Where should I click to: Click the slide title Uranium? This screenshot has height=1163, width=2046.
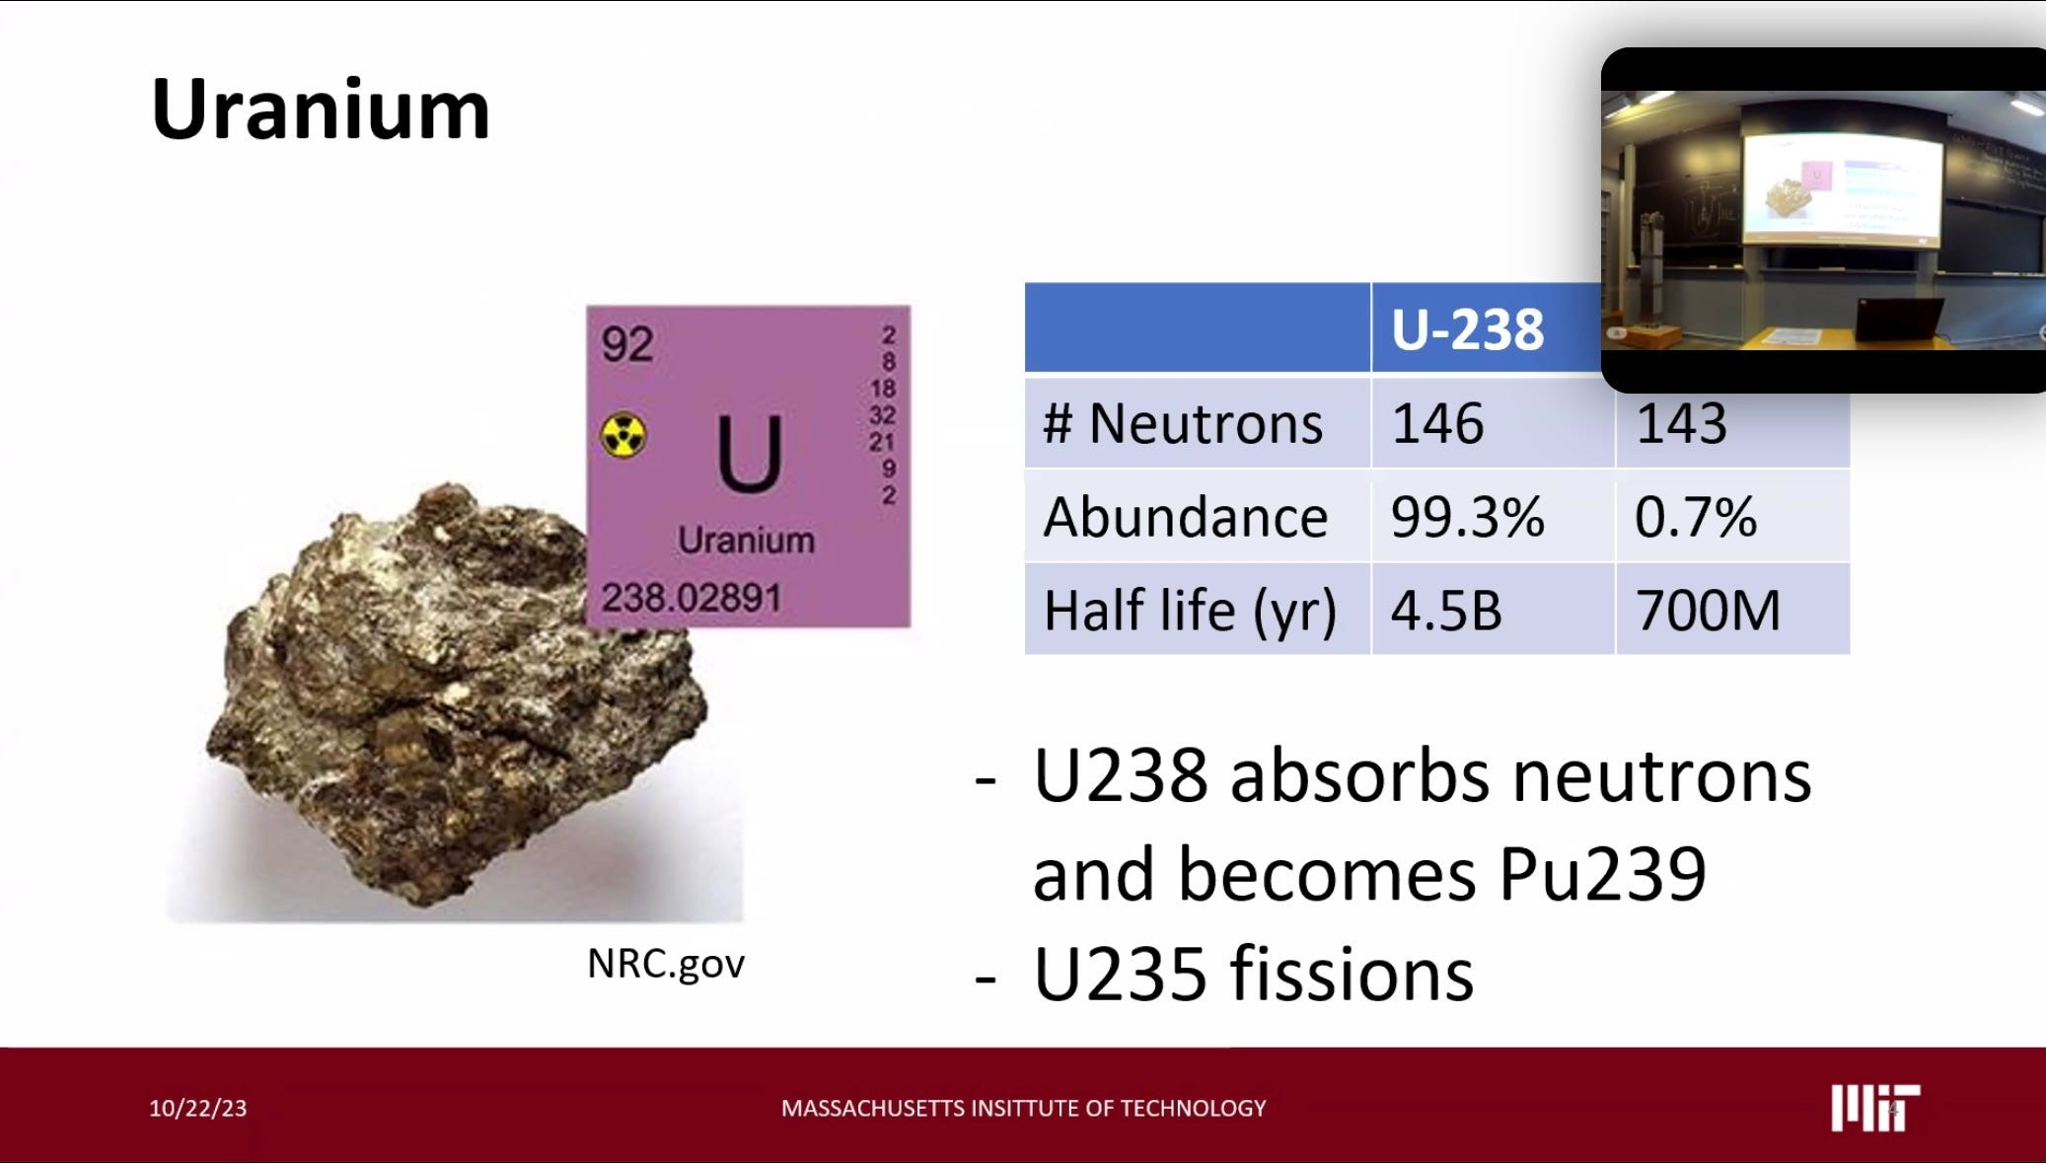320,109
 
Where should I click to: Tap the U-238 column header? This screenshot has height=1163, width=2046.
1467,329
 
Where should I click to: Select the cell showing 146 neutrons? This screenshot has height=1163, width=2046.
1437,423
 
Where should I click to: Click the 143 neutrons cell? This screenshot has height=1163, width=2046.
1681,423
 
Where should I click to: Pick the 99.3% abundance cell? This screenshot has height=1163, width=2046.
1467,517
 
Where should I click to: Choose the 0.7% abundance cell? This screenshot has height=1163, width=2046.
1695,517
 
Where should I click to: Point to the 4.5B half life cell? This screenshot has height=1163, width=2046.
1446,610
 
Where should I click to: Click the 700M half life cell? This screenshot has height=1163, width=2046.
1708,610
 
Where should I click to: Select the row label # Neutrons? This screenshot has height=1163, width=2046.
1182,423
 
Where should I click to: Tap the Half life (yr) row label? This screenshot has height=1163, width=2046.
1190,610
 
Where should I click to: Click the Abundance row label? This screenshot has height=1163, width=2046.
1185,517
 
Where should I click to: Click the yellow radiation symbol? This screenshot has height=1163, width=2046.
623,435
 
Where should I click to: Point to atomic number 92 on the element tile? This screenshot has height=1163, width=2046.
627,344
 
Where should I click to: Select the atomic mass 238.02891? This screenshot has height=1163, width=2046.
691,597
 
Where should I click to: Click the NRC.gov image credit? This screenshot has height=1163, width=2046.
665,964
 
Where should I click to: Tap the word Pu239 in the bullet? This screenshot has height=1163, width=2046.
1601,874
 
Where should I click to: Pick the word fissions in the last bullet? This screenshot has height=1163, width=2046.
1352,974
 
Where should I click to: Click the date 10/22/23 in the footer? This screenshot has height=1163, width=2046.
197,1108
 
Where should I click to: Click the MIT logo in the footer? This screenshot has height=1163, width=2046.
1874,1108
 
